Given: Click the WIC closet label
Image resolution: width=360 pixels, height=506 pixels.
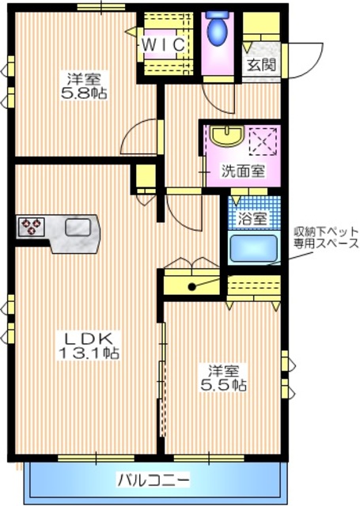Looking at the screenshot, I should pos(164,46).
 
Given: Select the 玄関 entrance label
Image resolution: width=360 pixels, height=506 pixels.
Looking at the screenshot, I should pos(261,65).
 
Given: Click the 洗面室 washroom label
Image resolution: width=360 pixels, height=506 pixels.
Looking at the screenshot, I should pos(242,169).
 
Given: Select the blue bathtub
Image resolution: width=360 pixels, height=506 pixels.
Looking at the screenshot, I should pos(253,248).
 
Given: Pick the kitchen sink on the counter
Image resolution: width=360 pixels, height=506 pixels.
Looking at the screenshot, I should pos(77,228).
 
